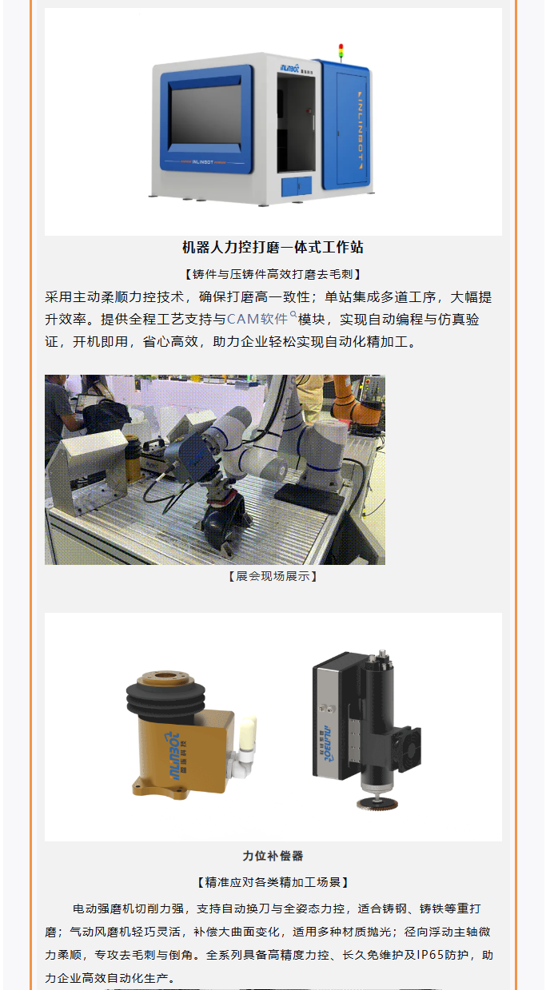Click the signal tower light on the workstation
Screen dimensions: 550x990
click(341, 52)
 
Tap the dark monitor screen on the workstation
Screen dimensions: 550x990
click(206, 114)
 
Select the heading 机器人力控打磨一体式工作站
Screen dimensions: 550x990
click(273, 247)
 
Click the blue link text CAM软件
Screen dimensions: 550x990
click(257, 319)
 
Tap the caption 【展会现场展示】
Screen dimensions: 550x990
click(273, 576)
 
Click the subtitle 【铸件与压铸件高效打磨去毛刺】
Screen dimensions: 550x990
click(273, 274)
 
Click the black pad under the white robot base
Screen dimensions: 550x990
click(310, 496)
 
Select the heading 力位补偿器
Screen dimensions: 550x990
click(273, 856)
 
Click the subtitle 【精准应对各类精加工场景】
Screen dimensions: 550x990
click(273, 883)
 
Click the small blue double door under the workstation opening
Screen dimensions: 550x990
click(297, 186)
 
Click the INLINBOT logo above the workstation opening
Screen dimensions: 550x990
click(289, 67)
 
